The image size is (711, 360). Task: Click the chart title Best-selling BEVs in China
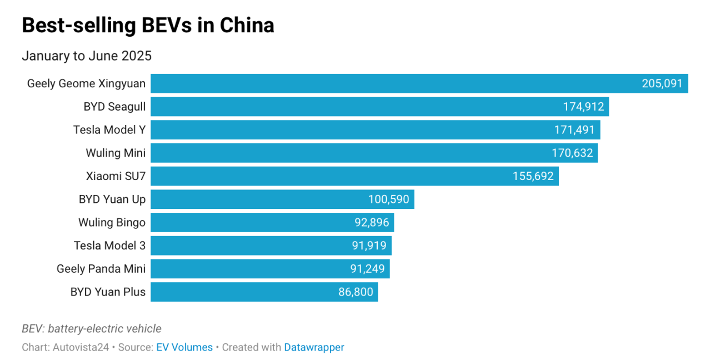148,26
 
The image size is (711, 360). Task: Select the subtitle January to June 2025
87,56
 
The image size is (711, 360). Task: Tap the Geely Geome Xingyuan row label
86,84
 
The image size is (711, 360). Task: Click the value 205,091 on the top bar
662,84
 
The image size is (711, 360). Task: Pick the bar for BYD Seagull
355,107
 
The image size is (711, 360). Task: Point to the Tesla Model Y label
109,130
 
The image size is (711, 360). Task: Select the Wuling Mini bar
344,153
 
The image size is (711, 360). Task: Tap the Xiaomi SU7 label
116,177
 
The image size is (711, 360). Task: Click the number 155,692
533,177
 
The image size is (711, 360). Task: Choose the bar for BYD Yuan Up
256,199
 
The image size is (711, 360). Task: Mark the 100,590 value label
388,199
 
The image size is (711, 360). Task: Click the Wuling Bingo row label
112,223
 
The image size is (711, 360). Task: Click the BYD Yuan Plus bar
244,292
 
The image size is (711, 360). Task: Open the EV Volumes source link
184,347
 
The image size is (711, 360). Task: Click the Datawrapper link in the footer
314,347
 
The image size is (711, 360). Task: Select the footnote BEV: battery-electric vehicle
92,329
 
